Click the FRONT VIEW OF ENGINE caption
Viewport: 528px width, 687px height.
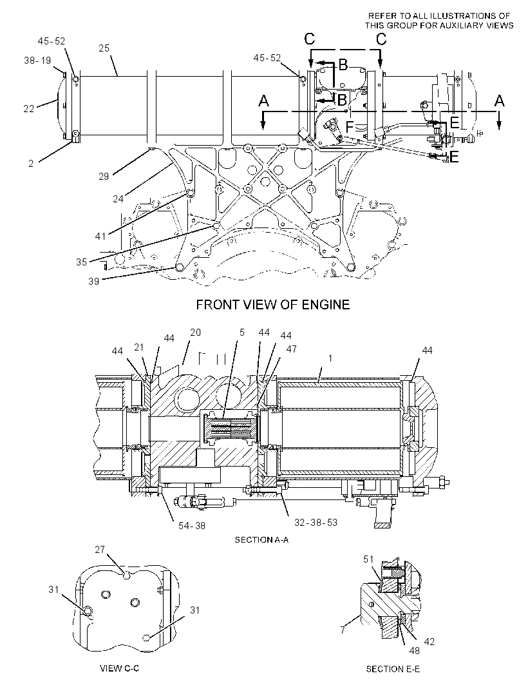(273, 304)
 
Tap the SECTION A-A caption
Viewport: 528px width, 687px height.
(262, 540)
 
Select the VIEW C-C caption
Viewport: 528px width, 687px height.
(120, 668)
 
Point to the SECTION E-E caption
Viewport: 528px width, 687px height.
(393, 669)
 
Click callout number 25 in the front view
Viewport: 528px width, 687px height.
(104, 48)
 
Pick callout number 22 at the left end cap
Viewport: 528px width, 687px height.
(29, 108)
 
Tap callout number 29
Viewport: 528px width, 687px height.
(104, 177)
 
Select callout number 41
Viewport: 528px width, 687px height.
(100, 236)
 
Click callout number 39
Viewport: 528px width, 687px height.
(94, 281)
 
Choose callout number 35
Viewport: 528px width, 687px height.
(81, 262)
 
